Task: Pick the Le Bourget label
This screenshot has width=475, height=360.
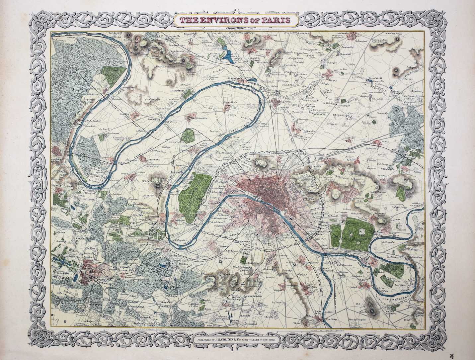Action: tap(344, 106)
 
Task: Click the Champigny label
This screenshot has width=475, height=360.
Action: tap(412, 257)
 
